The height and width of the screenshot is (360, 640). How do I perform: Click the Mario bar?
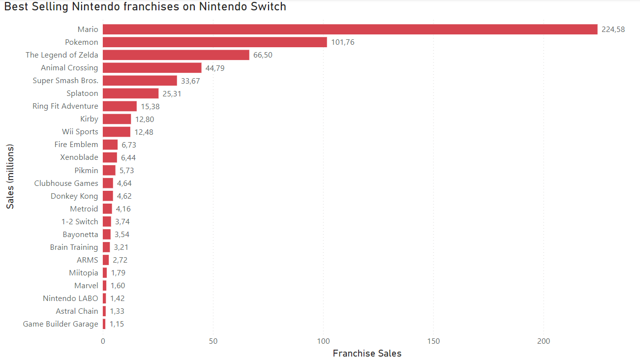click(350, 30)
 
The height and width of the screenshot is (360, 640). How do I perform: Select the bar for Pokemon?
click(214, 42)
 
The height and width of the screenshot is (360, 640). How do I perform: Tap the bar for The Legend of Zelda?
click(176, 55)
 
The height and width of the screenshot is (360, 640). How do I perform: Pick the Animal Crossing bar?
click(152, 68)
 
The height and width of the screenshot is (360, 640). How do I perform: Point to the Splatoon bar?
click(130, 93)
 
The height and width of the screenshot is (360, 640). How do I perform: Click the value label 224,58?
click(613, 30)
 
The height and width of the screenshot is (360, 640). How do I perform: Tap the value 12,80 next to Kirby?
click(145, 119)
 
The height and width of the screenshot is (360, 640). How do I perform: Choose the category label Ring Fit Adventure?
click(65, 106)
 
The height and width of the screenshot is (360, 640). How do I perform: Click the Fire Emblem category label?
click(76, 145)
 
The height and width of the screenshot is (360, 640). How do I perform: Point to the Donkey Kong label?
click(74, 196)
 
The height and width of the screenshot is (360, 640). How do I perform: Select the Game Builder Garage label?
click(61, 324)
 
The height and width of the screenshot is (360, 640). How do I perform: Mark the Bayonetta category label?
click(80, 234)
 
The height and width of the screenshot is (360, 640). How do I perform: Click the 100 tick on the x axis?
click(323, 341)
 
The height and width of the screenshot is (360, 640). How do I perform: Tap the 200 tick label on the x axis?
click(544, 341)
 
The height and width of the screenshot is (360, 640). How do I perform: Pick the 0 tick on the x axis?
click(103, 341)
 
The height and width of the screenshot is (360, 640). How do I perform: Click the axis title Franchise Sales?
click(367, 354)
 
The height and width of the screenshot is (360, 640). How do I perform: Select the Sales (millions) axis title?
click(10, 177)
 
